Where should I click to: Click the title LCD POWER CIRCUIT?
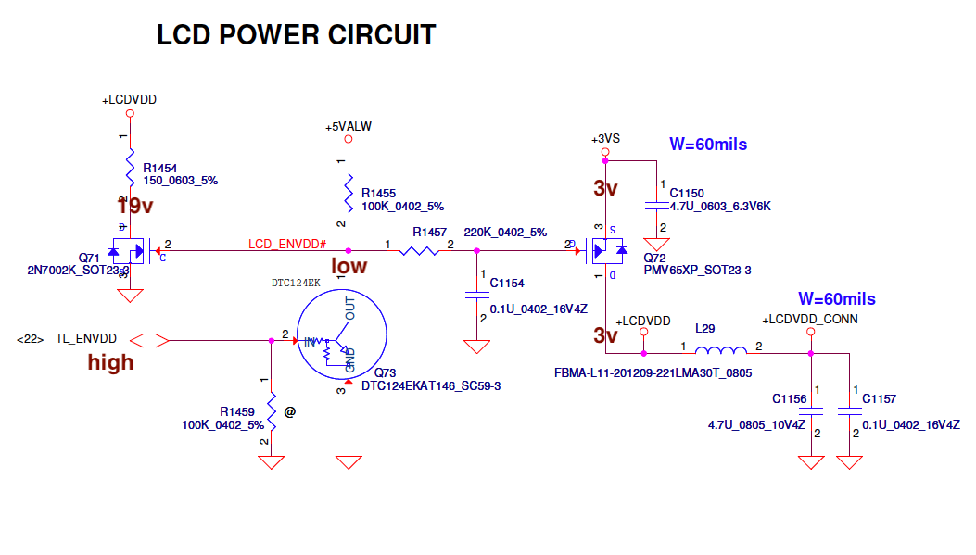tap(296, 35)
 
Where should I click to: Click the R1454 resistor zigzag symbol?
tap(130, 170)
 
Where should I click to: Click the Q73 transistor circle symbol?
tap(341, 335)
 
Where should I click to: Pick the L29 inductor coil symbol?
tap(720, 350)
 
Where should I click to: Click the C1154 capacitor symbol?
tap(476, 294)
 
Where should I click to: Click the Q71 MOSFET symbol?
tap(132, 250)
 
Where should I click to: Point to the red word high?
tap(110, 362)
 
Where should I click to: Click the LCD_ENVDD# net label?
tap(286, 244)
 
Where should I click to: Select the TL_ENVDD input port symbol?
tap(149, 340)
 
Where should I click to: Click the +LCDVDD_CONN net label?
tap(809, 319)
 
